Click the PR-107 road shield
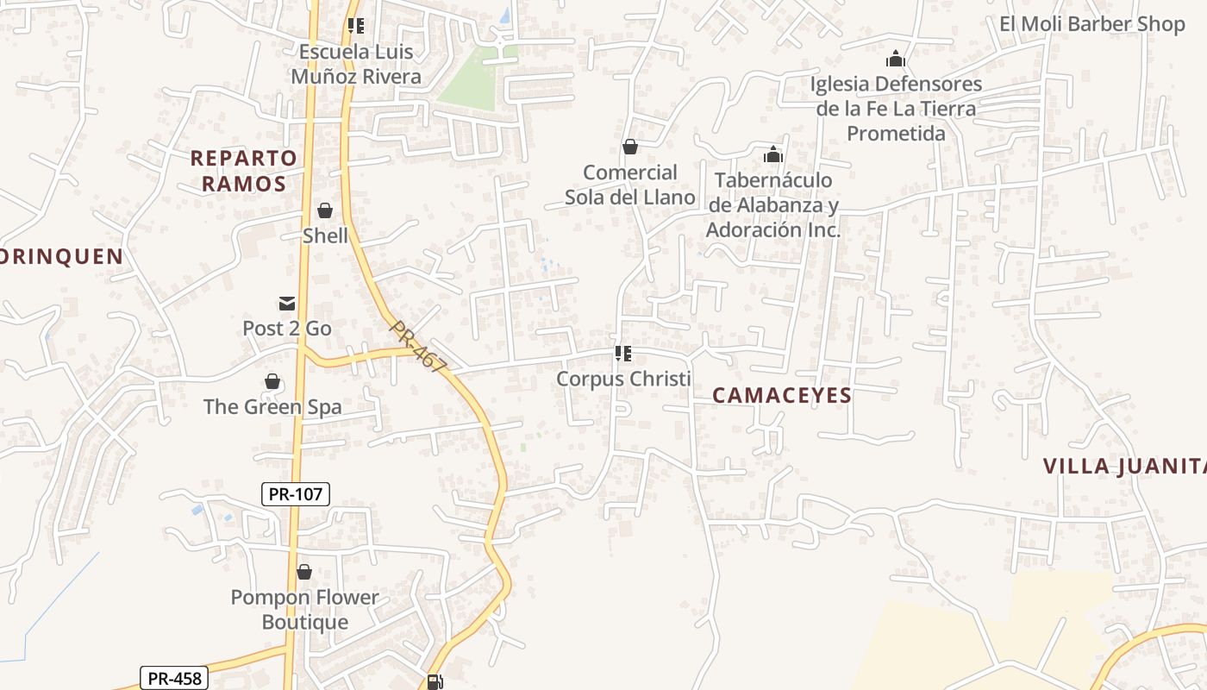[x=295, y=494]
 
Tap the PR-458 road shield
[x=175, y=678]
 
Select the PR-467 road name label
[x=418, y=347]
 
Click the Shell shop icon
[x=325, y=210]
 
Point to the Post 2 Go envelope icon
[x=287, y=304]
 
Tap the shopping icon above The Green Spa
[x=272, y=381]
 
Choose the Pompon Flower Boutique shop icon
[x=303, y=572]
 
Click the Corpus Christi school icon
[x=623, y=354]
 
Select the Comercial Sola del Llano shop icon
[x=630, y=147]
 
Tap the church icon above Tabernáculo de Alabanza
[x=773, y=154]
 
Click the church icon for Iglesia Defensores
[x=896, y=60]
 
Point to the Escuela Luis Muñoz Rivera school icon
[x=356, y=26]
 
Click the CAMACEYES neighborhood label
[x=782, y=396]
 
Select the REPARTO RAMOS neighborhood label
[x=244, y=171]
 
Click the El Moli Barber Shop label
[x=1092, y=24]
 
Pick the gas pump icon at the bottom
[x=435, y=682]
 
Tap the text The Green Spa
[x=272, y=407]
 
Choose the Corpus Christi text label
[x=623, y=379]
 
